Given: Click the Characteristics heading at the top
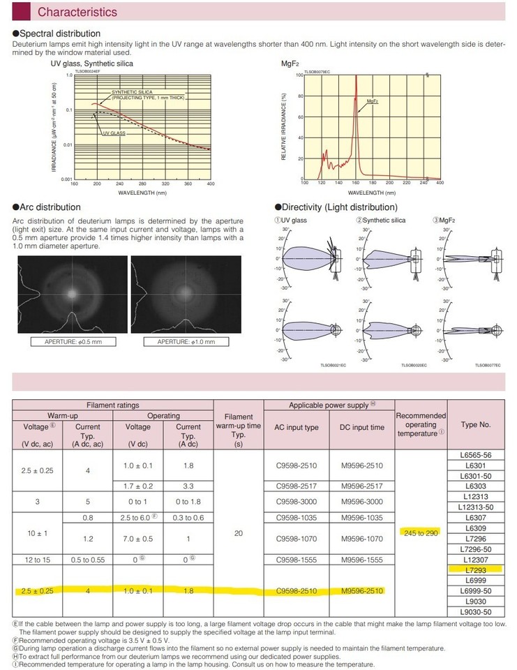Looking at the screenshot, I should pyautogui.click(x=77, y=12).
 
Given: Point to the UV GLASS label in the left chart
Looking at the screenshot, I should pyautogui.click(x=114, y=133).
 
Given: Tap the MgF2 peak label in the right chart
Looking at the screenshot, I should pyautogui.click(x=372, y=101).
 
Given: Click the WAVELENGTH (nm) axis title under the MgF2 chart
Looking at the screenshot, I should pyautogui.click(x=371, y=191).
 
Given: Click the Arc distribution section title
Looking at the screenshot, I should pyautogui.click(x=50, y=207).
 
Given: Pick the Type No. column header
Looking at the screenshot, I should pyautogui.click(x=475, y=424).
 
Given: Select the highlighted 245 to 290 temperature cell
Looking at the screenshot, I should pyautogui.click(x=420, y=533).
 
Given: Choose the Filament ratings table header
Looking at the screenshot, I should pyautogui.click(x=112, y=405).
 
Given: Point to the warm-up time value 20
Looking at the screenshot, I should pyautogui.click(x=239, y=532).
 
